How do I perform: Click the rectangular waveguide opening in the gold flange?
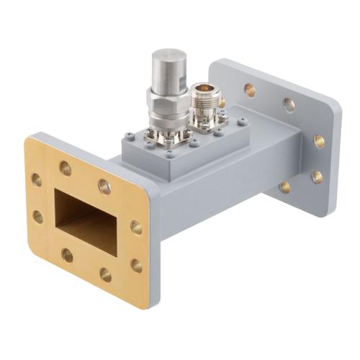87,220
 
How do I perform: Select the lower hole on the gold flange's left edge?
37,215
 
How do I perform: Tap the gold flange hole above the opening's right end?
104,186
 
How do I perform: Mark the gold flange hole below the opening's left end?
67,254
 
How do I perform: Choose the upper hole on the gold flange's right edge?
136,228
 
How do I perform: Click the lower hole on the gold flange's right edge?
136,265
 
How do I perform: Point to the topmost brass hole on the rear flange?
249,90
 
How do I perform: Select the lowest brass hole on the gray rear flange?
285,186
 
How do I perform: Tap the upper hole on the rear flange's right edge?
318,141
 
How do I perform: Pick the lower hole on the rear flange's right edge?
316,175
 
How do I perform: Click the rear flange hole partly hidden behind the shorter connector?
221,103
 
